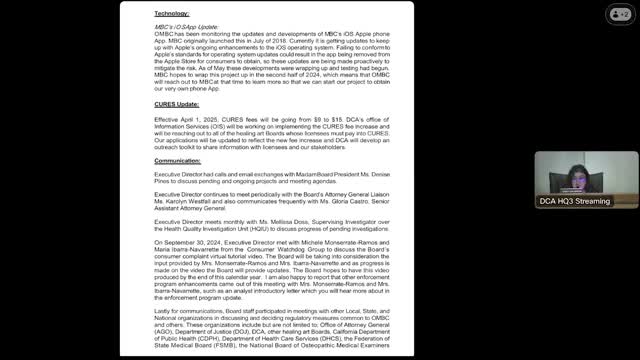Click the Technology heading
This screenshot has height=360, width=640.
tap(174, 12)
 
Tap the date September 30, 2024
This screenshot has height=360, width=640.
tap(199, 242)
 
